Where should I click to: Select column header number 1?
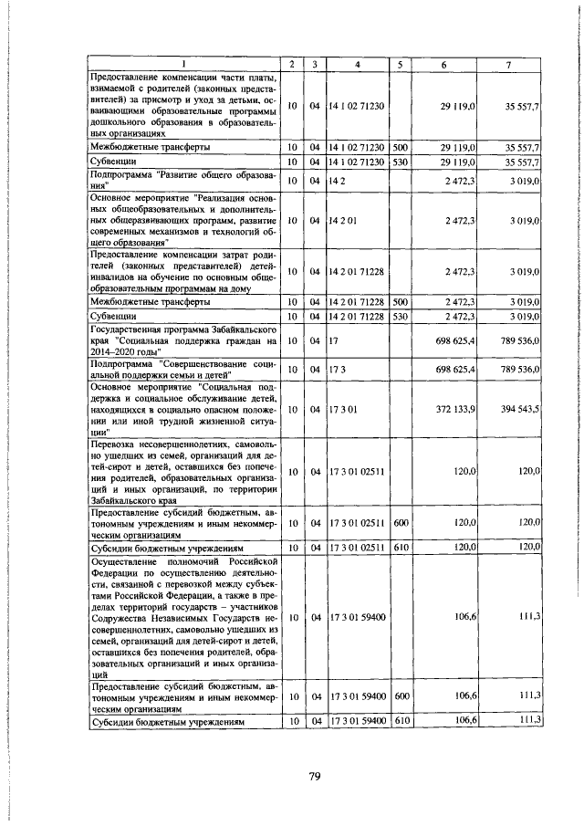coord(182,63)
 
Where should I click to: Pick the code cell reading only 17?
coord(335,340)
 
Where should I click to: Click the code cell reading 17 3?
coord(338,369)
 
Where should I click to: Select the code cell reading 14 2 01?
coord(342,221)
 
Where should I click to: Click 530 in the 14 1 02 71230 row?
coord(399,162)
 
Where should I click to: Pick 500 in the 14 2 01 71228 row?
coord(399,300)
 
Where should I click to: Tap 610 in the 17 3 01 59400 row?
coord(399,721)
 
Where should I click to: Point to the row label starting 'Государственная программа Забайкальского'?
coord(182,340)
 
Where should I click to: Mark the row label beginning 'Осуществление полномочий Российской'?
coord(182,617)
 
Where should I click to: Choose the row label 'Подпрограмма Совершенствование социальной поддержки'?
coord(182,369)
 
